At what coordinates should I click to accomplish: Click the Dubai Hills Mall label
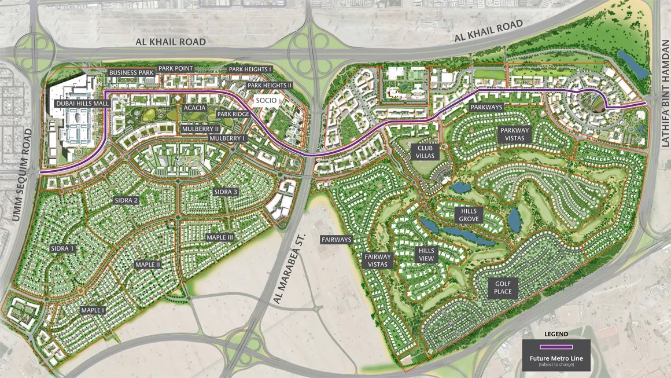coord(82,104)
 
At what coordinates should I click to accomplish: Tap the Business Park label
coord(131,73)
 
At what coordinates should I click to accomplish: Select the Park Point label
coord(176,68)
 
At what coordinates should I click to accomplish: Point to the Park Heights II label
coord(270,85)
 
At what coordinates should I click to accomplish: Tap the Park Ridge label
coord(233,115)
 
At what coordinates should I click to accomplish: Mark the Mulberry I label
coord(227,138)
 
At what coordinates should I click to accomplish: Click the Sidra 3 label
coord(226,192)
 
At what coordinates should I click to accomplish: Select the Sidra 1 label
coord(63,248)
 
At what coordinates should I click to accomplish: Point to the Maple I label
coord(93,310)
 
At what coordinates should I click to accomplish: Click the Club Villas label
coord(422,152)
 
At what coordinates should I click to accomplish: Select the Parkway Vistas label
coord(515,134)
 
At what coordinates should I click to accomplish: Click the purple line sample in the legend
coord(556,347)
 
